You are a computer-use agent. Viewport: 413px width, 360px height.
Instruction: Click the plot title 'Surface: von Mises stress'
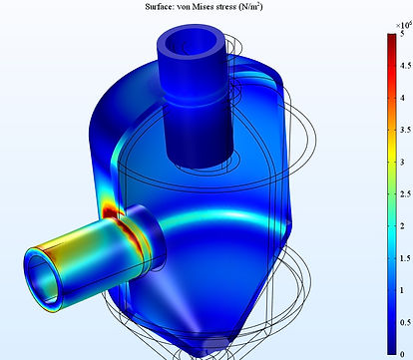[x=191, y=7]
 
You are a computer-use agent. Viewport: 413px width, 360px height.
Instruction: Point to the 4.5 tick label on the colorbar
[x=405, y=66]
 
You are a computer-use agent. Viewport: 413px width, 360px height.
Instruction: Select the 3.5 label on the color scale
[x=405, y=130]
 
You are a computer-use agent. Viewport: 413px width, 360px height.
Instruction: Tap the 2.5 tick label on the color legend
[x=405, y=194]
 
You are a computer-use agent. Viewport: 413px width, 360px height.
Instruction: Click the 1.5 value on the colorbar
[x=405, y=258]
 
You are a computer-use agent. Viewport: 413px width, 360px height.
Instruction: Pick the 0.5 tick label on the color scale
[x=405, y=322]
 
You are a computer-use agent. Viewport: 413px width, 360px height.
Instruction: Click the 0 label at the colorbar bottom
[x=402, y=354]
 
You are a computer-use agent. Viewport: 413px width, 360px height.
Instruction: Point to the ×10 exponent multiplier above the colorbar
[x=404, y=25]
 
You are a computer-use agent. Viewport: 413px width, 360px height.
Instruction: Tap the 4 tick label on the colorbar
[x=402, y=98]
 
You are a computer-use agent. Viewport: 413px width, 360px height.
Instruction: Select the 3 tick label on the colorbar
[x=402, y=163]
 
